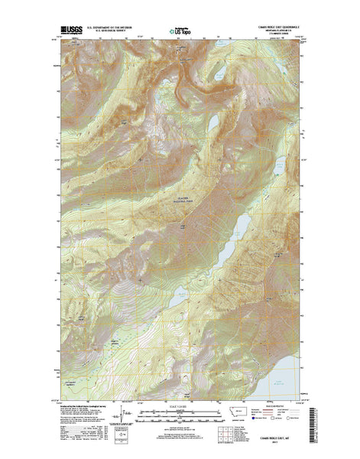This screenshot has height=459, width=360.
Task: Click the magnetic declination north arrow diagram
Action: [x=118, y=418]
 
